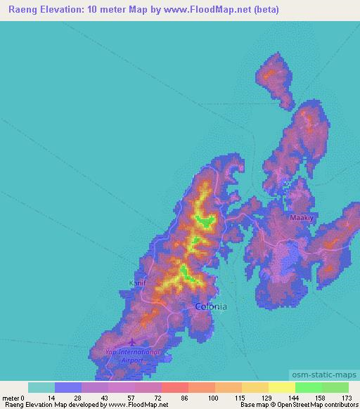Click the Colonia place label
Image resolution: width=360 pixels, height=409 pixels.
[210, 306]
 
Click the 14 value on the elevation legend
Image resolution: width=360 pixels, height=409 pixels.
[51, 398]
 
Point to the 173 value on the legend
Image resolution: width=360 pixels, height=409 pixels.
[345, 398]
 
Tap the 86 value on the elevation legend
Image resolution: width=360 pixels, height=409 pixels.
[185, 398]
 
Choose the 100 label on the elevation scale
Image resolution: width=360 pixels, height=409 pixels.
[211, 398]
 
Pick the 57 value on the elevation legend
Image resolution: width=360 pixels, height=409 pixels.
[131, 398]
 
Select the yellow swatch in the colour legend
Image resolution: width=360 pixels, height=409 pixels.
[281, 388]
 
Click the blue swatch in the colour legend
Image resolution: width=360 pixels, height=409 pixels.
[68, 388]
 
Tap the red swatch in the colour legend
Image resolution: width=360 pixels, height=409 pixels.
[174, 388]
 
